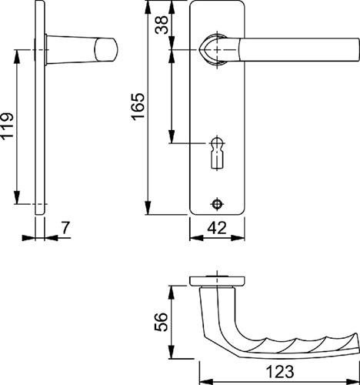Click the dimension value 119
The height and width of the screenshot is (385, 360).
(7, 126)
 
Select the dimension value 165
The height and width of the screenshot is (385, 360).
(138, 107)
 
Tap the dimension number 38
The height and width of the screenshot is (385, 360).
(162, 25)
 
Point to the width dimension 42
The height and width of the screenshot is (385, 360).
(217, 228)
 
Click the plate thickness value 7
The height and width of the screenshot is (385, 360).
(65, 228)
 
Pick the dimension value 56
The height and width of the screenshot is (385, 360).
(161, 322)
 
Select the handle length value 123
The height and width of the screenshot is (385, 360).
(280, 372)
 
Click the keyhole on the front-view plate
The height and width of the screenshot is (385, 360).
(217, 153)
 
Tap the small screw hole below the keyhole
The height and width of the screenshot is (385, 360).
(218, 204)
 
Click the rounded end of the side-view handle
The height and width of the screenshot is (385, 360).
(106, 49)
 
